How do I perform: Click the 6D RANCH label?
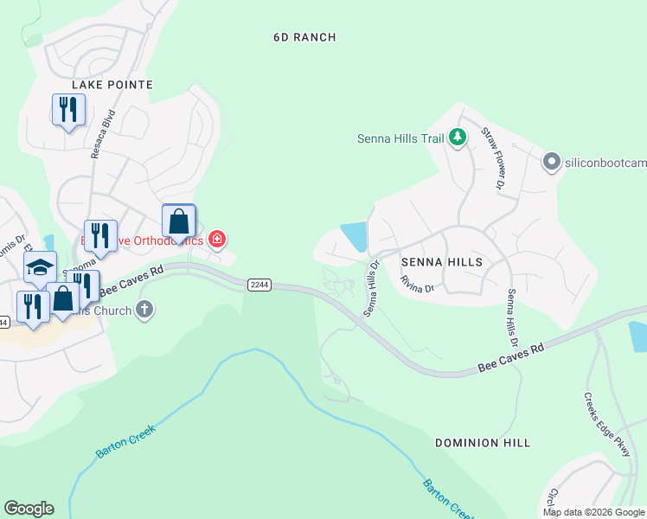click(304, 37)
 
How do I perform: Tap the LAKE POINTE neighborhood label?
click(113, 85)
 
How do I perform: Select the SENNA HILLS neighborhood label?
click(441, 260)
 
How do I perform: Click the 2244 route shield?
click(259, 284)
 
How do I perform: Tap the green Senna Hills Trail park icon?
click(459, 138)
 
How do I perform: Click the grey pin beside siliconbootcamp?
click(551, 162)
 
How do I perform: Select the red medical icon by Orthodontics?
click(217, 239)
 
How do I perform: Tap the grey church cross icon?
click(144, 310)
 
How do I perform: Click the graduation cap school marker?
click(40, 267)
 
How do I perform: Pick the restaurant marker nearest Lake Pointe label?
click(68, 109)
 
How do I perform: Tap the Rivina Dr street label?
click(416, 285)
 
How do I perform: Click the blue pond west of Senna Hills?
click(355, 236)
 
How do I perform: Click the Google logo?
click(29, 509)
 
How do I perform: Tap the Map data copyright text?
click(593, 512)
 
